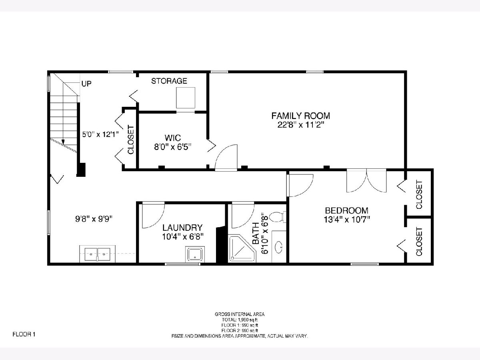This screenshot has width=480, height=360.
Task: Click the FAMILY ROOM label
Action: coord(301,116)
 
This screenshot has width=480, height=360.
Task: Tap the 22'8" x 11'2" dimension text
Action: coord(301,125)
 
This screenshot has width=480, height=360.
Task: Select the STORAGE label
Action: coord(169,81)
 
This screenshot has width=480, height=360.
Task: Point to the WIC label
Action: coord(173,138)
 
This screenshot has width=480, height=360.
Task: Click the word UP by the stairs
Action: coord(86,84)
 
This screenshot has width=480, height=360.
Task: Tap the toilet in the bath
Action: coord(278,217)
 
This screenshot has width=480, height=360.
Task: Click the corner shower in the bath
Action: coord(242,249)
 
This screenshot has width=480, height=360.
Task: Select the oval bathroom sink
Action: coord(278,247)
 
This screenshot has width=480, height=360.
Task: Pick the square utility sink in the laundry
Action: coord(195,254)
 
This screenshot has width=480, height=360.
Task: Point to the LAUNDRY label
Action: coord(182,228)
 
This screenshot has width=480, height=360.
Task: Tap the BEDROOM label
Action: coord(347,210)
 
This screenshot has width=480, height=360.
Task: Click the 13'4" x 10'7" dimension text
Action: coord(347,219)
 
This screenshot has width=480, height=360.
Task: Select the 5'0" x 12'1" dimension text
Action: coord(100,134)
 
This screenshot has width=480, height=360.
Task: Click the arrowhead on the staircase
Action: coord(63,142)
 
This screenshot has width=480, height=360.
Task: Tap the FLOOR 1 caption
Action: coord(24,334)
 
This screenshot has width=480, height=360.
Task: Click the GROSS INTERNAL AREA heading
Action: coord(240,314)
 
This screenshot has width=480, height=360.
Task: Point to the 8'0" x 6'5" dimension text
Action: coord(173,147)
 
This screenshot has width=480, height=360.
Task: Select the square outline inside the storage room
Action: coord(186,98)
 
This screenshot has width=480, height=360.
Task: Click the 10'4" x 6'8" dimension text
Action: coord(183,236)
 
